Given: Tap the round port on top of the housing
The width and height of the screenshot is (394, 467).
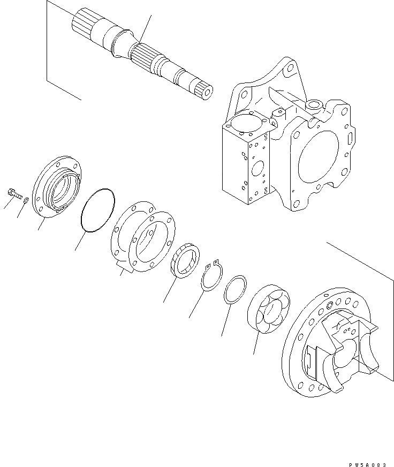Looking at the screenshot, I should [313, 104].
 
